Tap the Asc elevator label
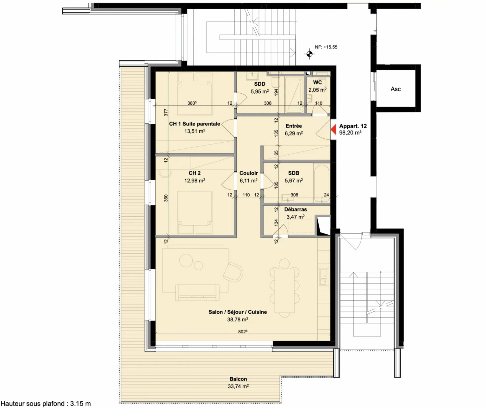point(396,89)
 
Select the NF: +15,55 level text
point(326,47)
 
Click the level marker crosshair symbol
point(309,54)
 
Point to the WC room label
point(317,83)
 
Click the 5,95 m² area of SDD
point(260,91)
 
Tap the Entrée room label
point(294,126)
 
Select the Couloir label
point(249,173)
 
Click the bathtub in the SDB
point(322,183)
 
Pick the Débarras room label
point(296,209)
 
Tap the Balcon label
point(238,379)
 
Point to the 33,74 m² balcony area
point(238,386)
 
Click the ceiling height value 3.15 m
point(81,404)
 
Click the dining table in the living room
point(284,291)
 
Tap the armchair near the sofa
point(233,272)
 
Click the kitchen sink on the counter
point(324,277)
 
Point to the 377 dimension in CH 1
point(166,113)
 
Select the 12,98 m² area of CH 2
point(195,181)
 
